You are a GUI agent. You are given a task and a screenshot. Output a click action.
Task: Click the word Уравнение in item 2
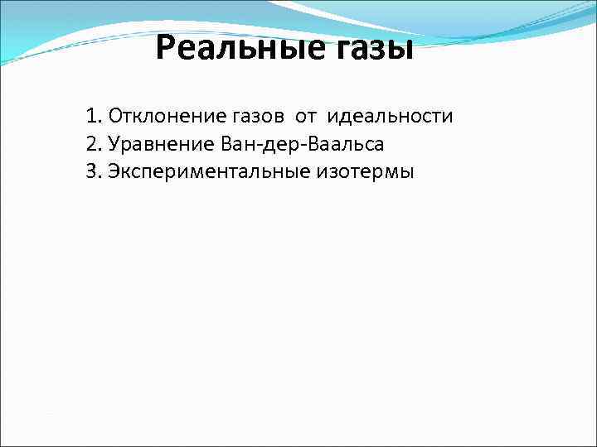159,145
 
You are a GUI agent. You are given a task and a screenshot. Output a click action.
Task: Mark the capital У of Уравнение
114,145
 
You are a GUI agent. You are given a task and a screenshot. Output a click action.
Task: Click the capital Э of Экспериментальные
113,173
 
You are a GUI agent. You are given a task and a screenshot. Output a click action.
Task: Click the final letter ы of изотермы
406,174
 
